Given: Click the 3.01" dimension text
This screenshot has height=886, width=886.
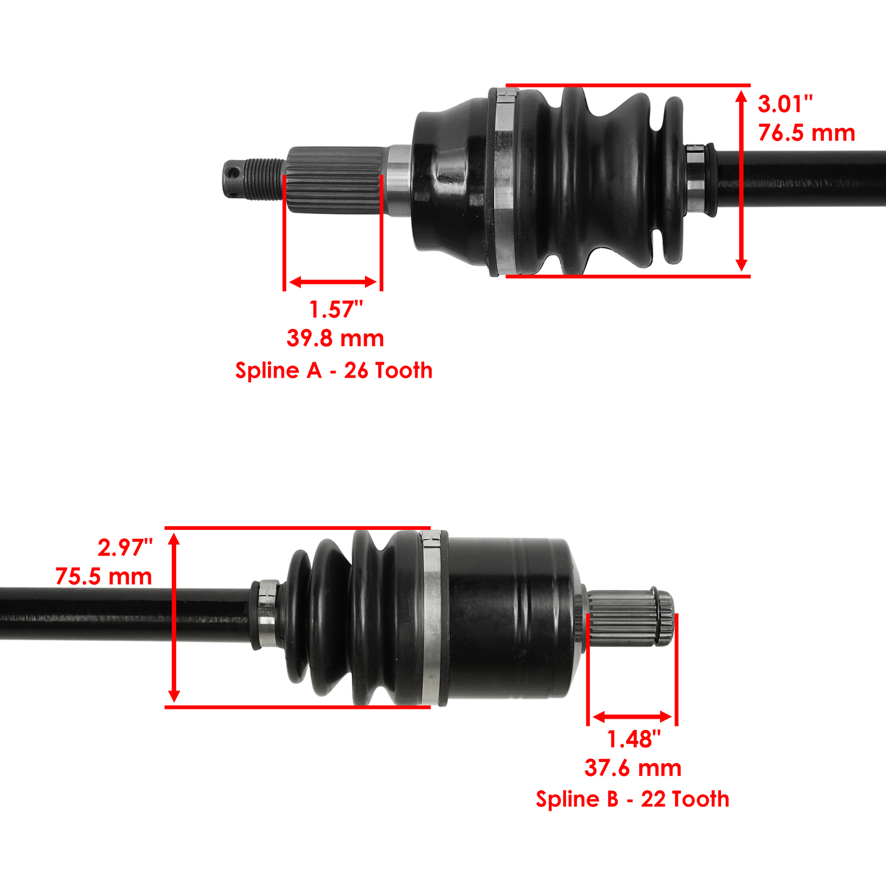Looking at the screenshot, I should (785, 104).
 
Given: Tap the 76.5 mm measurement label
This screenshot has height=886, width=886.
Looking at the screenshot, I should (806, 133).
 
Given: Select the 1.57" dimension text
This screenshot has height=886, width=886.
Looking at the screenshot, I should (336, 310).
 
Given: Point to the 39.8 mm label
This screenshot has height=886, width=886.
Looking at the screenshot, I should (335, 338).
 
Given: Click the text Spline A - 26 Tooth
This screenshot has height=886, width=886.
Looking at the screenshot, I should (334, 370).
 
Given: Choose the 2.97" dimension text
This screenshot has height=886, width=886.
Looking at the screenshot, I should (125, 548).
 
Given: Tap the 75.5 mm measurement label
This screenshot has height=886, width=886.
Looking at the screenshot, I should (104, 576).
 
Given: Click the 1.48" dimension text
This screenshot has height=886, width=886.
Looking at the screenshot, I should (633, 739).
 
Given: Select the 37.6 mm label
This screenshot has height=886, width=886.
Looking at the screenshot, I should (633, 768).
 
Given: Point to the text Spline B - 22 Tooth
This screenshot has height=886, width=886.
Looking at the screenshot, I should (632, 799).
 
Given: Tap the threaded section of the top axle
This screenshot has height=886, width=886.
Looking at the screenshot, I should (265, 178).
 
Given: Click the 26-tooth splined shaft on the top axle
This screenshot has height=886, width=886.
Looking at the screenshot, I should (335, 180).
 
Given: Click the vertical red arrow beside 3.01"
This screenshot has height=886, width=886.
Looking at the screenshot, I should (741, 181).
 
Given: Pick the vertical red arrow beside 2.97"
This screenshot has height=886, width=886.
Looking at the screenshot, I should (174, 617).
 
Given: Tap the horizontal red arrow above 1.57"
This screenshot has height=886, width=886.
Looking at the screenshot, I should (333, 282).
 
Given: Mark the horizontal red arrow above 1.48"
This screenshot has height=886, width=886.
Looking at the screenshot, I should (632, 718).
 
